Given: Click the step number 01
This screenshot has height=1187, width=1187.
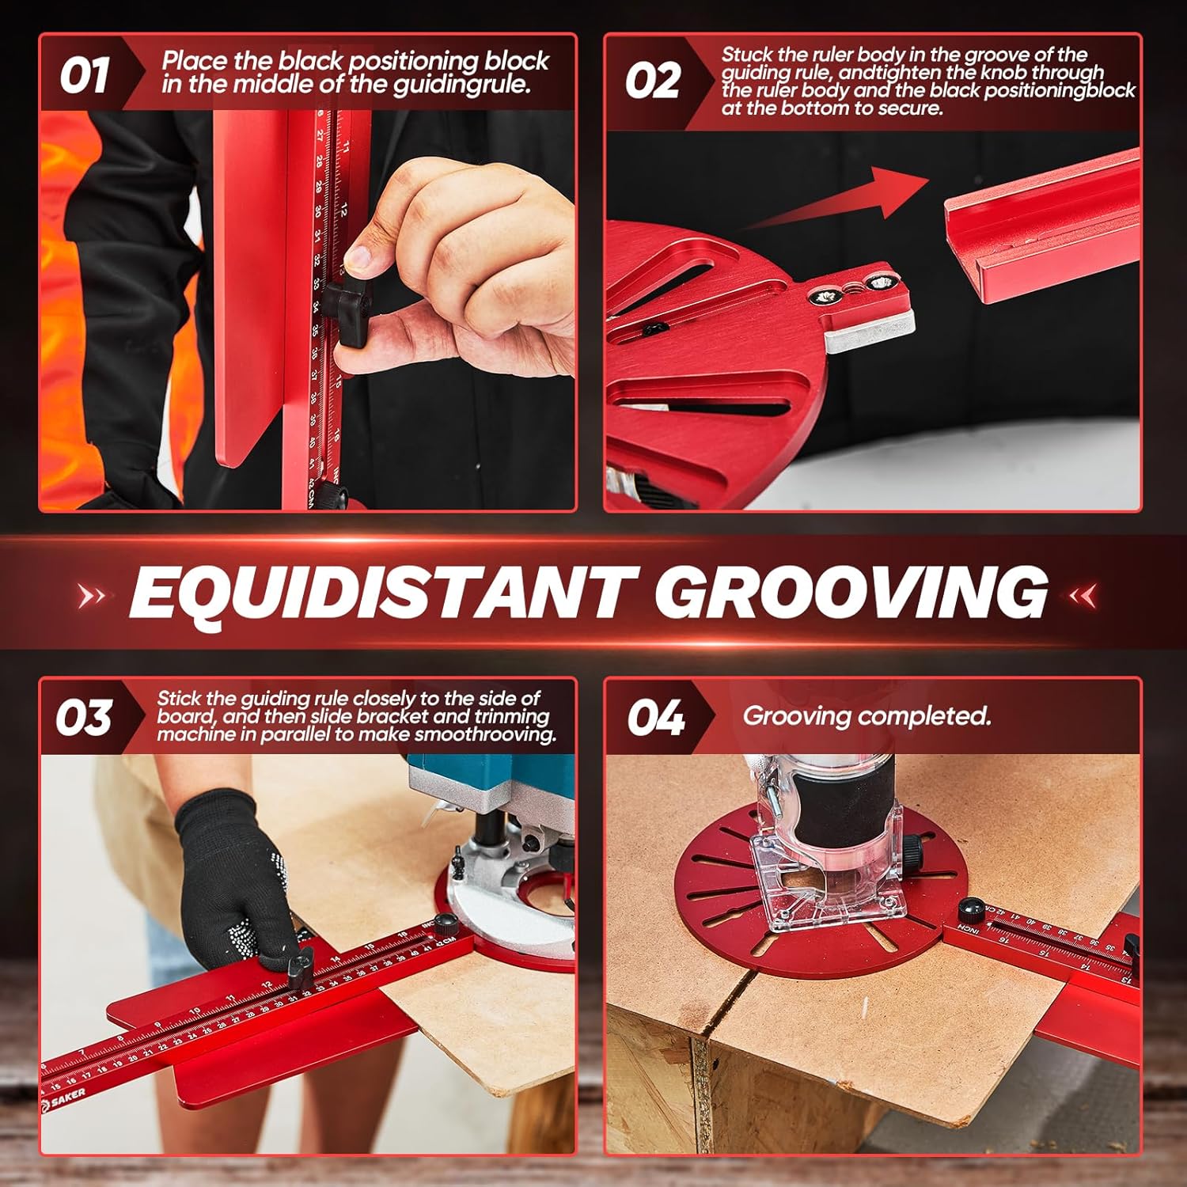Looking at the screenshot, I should tap(84, 77).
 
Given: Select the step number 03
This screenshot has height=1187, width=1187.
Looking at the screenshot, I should tap(83, 719).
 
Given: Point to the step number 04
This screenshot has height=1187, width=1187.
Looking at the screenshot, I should tap(655, 719).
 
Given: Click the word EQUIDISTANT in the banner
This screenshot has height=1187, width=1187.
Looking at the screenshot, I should tap(377, 592).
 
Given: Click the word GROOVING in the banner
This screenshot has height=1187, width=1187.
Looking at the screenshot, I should tap(851, 592).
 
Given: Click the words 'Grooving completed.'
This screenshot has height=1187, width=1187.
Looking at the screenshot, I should tap(867, 716).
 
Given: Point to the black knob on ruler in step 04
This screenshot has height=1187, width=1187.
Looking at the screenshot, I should tap(971, 908).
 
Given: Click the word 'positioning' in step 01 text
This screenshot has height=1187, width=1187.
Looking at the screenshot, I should tap(415, 61).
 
